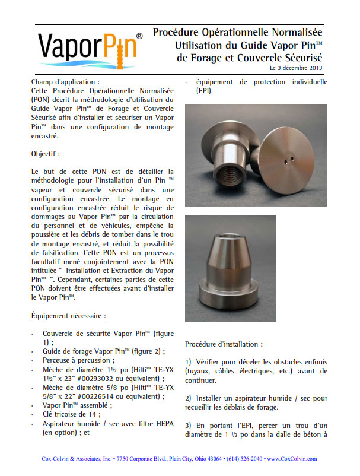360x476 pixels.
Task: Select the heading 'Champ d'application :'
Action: coord(65,81)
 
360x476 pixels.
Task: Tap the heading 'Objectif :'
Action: coord(46,153)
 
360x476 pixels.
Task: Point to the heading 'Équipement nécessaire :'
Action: coord(68,316)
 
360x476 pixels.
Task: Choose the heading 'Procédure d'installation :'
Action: coord(224,344)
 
